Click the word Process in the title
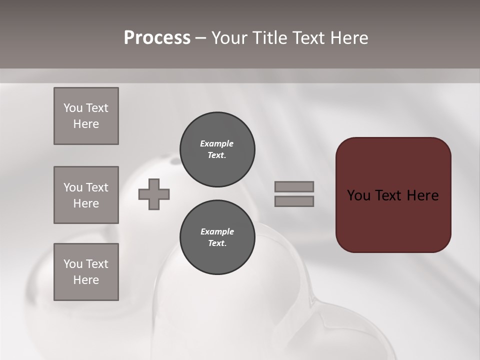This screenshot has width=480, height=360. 157,38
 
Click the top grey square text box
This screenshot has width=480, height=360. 86,116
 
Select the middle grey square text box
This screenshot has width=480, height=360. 86,195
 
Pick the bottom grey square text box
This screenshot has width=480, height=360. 86,272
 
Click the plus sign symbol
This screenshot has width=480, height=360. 154,194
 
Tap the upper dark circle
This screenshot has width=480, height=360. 217,149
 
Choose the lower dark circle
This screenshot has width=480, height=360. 217,237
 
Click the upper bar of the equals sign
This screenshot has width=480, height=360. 294,186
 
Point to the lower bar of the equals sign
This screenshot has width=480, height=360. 294,201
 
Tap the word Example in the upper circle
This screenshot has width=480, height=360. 217,143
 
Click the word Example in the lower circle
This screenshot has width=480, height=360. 217,231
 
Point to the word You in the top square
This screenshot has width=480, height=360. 72,108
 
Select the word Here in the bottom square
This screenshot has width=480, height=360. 86,280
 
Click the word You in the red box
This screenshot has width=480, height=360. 358,195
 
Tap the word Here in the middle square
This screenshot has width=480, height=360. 86,203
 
